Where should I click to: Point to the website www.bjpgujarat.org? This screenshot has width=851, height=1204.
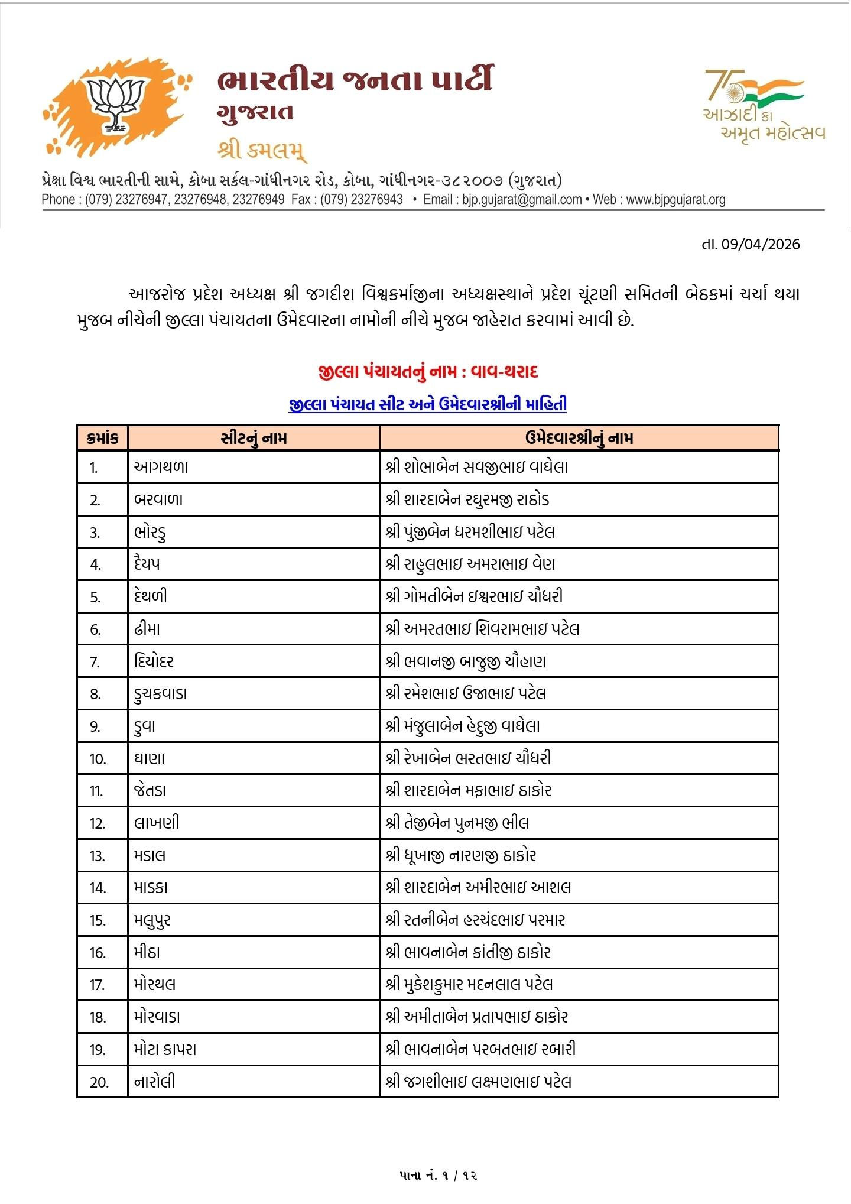coord(675,200)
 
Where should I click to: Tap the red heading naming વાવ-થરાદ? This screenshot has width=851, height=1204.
coord(428,372)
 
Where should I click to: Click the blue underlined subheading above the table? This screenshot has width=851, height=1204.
coord(428,404)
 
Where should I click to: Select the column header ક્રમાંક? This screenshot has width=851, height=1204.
coord(102,438)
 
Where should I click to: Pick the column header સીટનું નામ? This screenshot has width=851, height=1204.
coord(254,438)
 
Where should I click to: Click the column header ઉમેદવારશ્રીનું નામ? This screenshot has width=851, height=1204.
coord(579,438)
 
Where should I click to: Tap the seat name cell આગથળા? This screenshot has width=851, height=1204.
coord(161,467)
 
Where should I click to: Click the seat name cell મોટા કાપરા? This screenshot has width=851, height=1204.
coord(165,1050)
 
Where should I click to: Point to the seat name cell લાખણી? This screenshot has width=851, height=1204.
coord(157,823)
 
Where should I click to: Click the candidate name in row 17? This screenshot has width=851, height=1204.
coord(469,985)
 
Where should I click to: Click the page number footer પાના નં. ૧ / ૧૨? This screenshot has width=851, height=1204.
coord(438,1176)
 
